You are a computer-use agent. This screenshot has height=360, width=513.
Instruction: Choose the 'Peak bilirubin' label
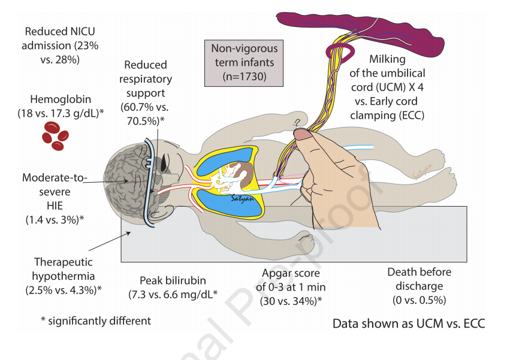point(173,287)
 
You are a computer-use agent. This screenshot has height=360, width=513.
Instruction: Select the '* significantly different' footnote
point(96,320)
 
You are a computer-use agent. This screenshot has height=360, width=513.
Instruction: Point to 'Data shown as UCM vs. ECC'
point(408,324)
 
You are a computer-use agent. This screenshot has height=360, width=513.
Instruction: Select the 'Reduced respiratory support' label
point(147,92)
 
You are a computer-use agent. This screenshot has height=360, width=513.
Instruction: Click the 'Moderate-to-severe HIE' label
point(55,198)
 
